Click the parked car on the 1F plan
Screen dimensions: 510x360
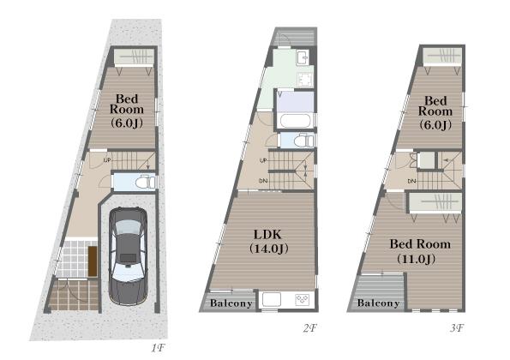[x=128, y=256]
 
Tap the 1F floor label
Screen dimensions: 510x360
[x=159, y=349]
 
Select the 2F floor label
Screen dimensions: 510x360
[x=309, y=328]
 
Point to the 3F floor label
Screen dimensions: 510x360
[x=457, y=328]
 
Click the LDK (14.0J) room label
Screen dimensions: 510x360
[x=268, y=242]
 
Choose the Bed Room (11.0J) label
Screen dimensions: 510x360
[x=420, y=251]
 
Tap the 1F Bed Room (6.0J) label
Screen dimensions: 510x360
[x=127, y=111]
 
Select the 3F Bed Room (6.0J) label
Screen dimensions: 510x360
[x=435, y=112]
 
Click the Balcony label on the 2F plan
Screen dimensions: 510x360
[x=231, y=303]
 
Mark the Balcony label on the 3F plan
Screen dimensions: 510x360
[x=378, y=303]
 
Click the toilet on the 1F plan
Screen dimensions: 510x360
[x=146, y=182]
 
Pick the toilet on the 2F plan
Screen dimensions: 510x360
[x=303, y=141]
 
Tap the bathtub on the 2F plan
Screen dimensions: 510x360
[x=296, y=121]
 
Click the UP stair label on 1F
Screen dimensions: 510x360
[x=107, y=160]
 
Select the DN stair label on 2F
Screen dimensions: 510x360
[x=263, y=181]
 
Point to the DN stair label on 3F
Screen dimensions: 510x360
[x=411, y=181]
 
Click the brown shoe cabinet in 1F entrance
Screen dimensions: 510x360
[x=93, y=261]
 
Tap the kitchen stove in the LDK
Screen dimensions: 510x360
[x=303, y=299]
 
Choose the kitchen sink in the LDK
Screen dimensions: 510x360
[x=272, y=299]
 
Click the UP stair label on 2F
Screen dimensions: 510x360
[x=263, y=160]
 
